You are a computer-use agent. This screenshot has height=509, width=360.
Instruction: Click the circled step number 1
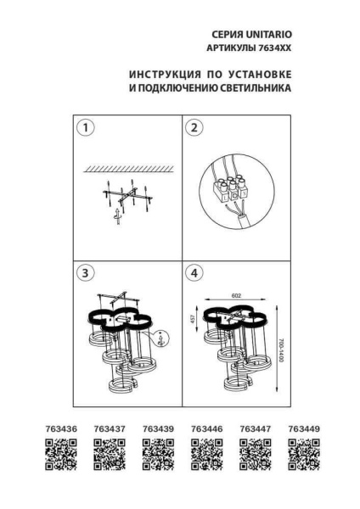(86, 129)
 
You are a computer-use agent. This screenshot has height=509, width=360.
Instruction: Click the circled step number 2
(195, 129)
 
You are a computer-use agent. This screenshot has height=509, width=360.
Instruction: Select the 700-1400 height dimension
(281, 350)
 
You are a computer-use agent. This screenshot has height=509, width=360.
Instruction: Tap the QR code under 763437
(110, 456)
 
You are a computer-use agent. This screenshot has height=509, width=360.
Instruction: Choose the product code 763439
(158, 430)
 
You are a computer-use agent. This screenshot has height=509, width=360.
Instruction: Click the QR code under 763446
(207, 456)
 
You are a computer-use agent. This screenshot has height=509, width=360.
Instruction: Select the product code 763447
(256, 430)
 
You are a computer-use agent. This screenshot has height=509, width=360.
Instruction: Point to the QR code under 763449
(304, 456)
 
